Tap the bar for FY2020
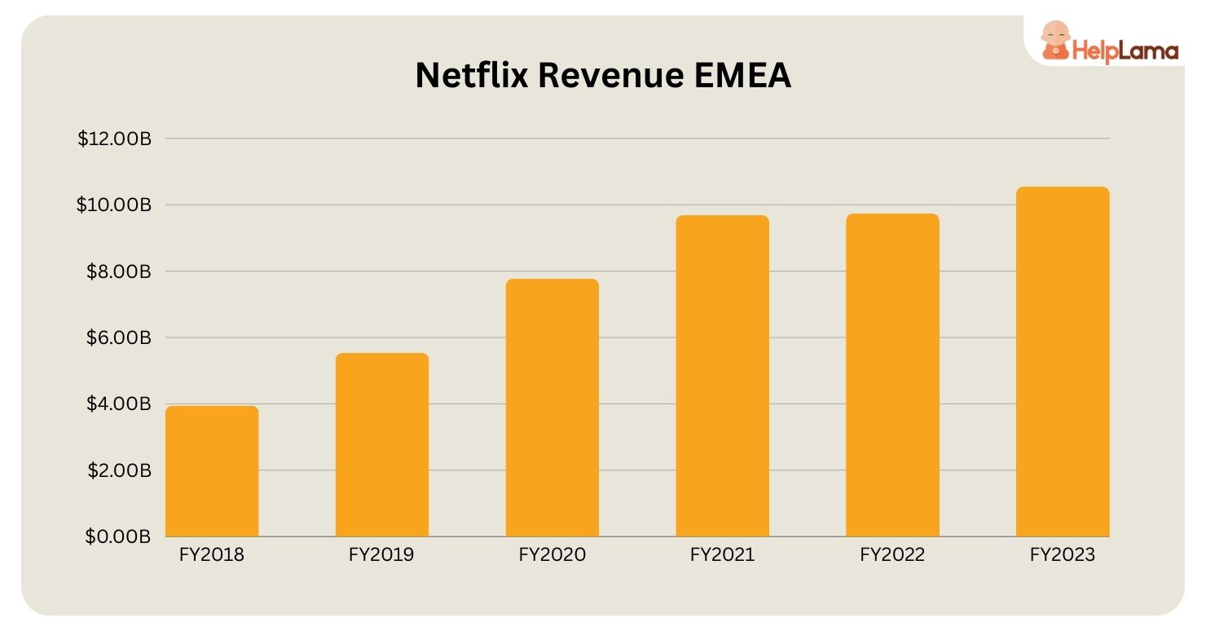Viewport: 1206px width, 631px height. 552,408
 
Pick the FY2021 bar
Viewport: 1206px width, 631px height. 722,376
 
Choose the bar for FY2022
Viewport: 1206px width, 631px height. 892,375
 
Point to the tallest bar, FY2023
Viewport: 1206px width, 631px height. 1062,362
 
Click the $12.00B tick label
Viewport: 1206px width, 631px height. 114,139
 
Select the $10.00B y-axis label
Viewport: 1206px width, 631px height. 114,205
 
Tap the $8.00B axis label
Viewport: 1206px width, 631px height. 119,271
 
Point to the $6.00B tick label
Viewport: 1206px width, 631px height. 119,338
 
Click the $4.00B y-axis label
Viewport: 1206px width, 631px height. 119,404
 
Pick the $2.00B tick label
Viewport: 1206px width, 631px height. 119,470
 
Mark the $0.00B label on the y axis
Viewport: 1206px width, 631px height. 119,536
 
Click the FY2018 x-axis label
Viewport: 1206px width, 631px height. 212,555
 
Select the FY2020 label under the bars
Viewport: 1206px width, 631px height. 552,555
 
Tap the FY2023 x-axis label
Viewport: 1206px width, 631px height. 1062,555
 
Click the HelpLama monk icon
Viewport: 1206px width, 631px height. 1056,42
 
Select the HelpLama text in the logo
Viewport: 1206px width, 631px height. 1125,51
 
